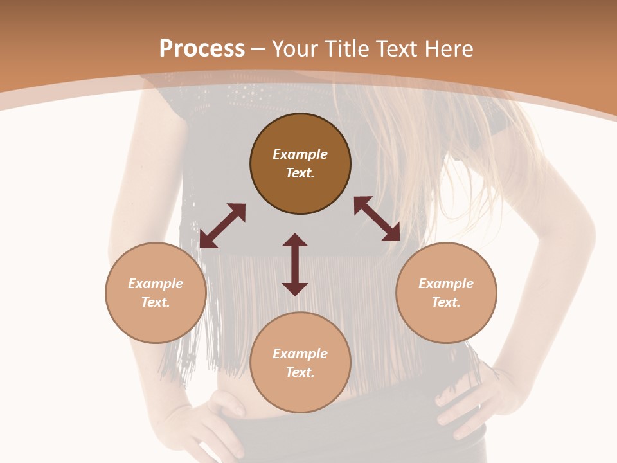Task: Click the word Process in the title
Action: [202, 49]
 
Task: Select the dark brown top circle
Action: [300, 163]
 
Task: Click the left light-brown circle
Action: [156, 293]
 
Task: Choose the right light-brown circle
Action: [446, 293]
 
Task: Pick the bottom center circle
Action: [300, 362]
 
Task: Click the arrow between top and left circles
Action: [222, 226]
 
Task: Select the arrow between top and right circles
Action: [377, 219]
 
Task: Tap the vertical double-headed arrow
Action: [295, 264]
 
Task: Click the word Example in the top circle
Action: [300, 154]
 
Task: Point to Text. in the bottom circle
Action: [300, 372]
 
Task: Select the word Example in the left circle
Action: [156, 284]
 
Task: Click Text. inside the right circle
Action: [446, 302]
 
